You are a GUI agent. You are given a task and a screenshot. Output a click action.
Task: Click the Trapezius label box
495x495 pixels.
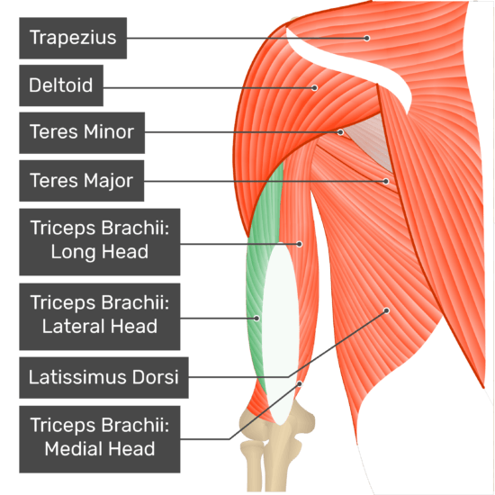73,38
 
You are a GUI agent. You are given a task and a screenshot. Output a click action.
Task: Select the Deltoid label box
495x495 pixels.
61,85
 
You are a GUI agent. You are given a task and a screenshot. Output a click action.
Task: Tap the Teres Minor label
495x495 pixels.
82,133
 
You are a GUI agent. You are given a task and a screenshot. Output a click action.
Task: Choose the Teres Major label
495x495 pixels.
81,181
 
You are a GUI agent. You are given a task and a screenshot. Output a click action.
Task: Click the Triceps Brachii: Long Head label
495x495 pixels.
100,242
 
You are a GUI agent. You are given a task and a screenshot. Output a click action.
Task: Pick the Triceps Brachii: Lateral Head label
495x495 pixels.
100,317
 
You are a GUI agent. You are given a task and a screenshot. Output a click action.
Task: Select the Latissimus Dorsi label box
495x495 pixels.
103,378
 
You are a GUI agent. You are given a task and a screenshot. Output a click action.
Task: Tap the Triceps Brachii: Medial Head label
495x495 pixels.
100,439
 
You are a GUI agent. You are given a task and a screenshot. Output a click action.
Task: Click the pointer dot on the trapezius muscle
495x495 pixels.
366,38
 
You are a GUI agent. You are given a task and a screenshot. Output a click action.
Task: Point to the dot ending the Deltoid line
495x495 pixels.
314,88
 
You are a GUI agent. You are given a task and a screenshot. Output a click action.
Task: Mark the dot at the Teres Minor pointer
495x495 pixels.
340,132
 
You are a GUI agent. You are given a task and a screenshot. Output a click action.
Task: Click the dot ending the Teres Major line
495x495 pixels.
386,181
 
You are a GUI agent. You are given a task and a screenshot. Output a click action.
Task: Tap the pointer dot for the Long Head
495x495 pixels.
300,244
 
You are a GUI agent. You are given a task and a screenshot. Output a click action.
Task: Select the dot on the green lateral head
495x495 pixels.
257,319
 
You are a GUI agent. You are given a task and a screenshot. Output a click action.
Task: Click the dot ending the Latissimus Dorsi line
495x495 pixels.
386,311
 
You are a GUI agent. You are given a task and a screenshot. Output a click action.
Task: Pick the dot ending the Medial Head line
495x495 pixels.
300,384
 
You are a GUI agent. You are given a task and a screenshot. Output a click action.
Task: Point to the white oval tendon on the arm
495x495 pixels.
280,335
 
